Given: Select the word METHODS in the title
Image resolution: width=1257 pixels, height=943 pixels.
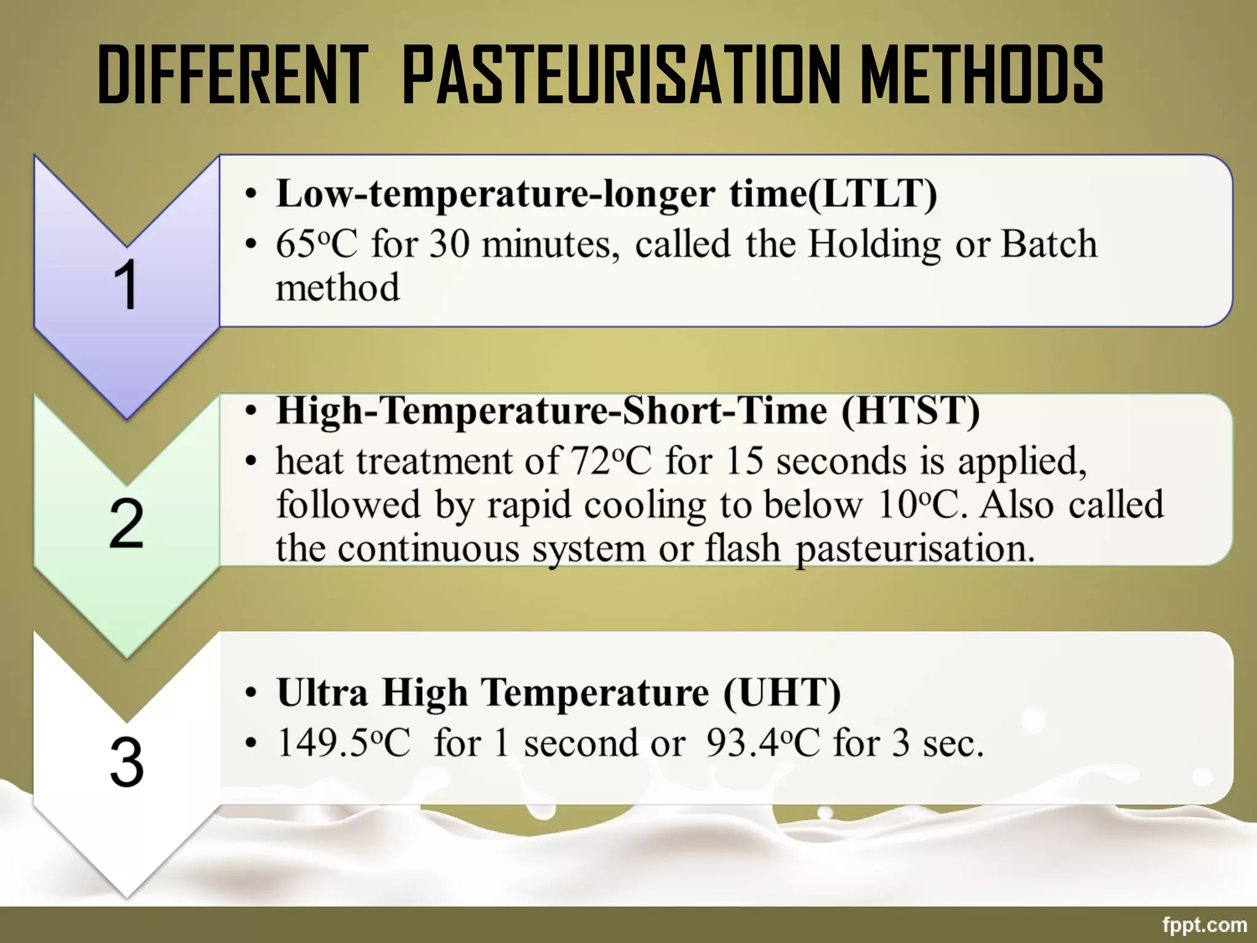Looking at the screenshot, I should [981, 76].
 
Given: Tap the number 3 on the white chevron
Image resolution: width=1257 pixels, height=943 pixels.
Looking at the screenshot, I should [126, 762].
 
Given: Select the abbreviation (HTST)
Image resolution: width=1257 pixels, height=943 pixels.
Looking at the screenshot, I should [910, 411].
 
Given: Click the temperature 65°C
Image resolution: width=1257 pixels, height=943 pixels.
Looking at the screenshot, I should [316, 244].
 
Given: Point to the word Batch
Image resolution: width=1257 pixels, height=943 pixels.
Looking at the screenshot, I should [1049, 244].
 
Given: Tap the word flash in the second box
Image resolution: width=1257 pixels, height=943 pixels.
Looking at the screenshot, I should [743, 548].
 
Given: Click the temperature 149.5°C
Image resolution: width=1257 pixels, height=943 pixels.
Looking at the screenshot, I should [343, 743].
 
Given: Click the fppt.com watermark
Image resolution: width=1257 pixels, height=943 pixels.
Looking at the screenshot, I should [1204, 925].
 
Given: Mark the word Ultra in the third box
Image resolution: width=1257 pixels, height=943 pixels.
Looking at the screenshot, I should [322, 693].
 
